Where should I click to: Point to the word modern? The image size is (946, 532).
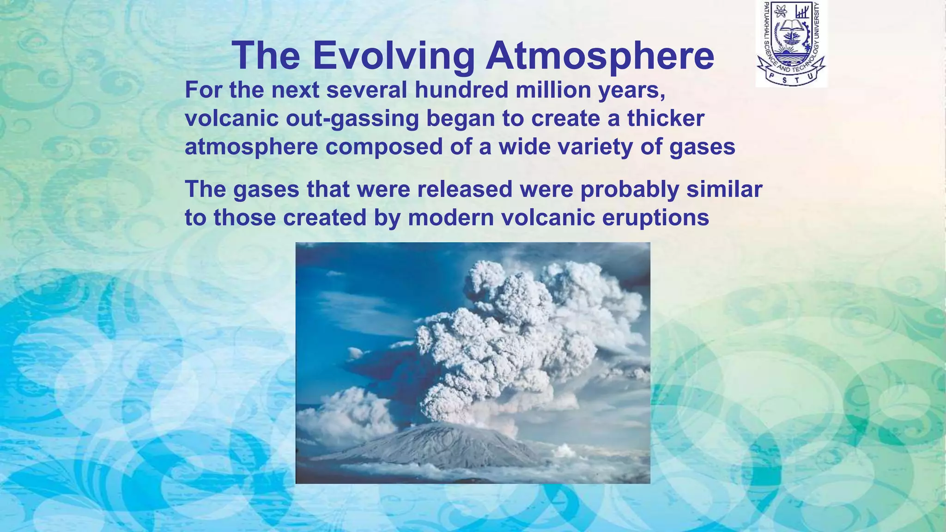(451, 218)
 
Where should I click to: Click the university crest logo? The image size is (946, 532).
(791, 43)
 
